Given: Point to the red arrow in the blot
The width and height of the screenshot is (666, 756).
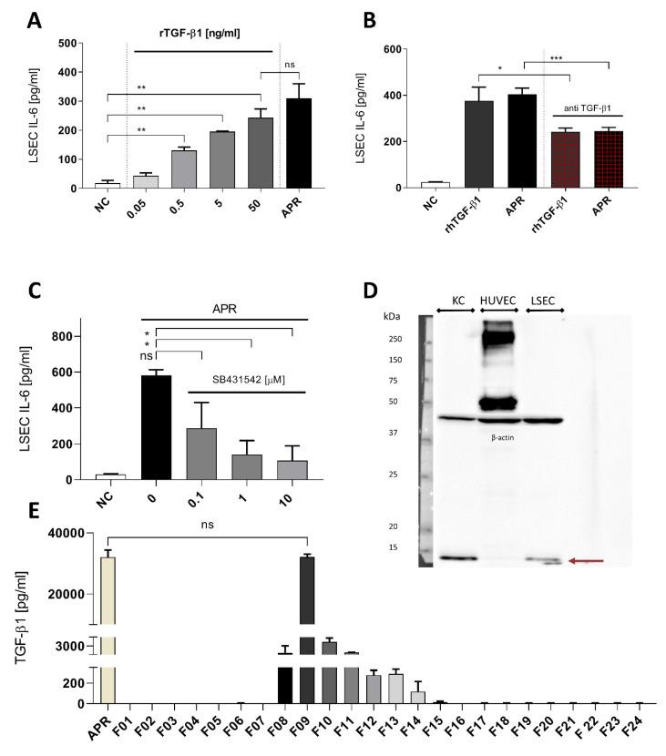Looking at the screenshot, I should [x=588, y=561].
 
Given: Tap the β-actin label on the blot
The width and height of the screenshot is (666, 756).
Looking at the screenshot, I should [x=497, y=438].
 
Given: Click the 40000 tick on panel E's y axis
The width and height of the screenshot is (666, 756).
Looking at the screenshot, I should [x=69, y=533].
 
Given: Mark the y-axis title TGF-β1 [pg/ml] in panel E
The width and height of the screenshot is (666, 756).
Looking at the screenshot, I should [x=21, y=618].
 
